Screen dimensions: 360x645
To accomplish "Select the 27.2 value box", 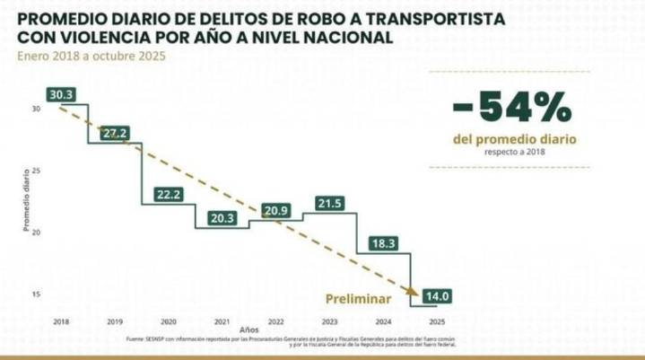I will (x=115, y=133).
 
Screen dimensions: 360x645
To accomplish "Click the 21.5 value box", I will (x=330, y=204).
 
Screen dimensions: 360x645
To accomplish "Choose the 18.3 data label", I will (x=382, y=243).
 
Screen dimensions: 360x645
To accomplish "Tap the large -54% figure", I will (x=512, y=108).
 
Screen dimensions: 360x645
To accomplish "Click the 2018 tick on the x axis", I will (x=61, y=321).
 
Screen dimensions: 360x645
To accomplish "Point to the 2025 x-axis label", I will (x=438, y=321).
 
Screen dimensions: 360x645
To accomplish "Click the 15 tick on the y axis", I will (x=37, y=294).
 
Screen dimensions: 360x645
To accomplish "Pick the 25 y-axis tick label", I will (x=37, y=171).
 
